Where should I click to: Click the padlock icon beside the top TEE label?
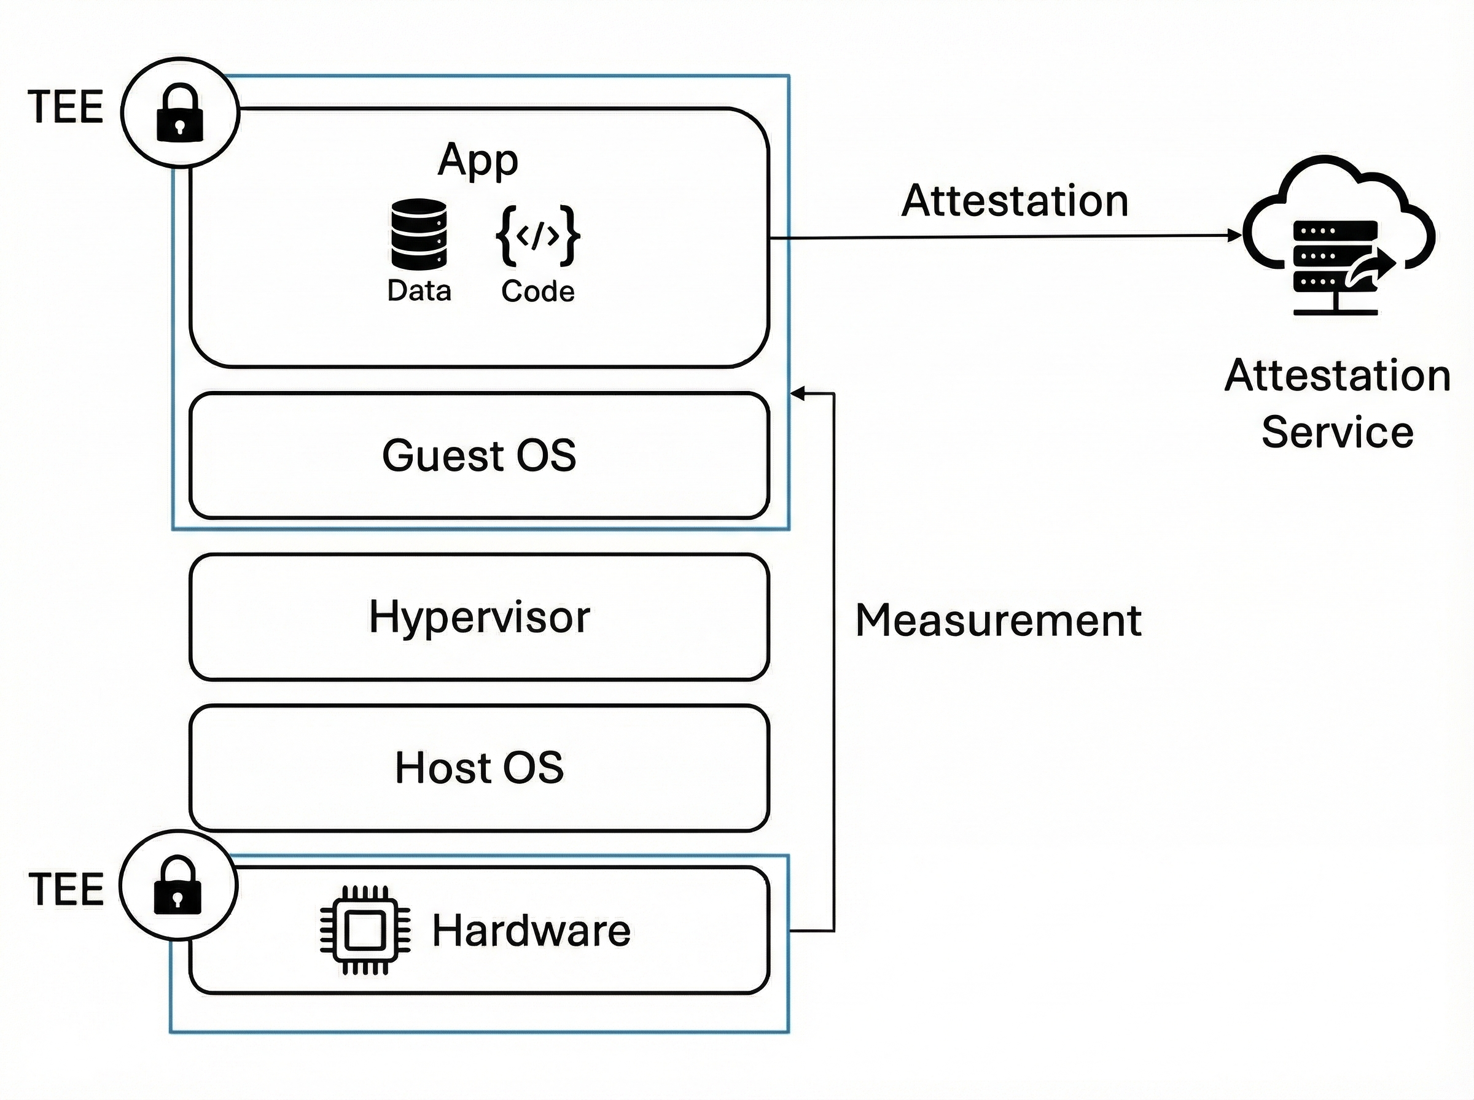(179, 112)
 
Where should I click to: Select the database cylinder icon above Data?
(418, 234)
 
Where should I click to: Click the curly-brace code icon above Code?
(537, 236)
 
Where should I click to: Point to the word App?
(478, 160)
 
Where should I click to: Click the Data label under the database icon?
(419, 291)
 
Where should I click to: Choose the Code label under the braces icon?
(537, 292)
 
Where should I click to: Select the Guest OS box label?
(479, 455)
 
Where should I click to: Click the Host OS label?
(479, 767)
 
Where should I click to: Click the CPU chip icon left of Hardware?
(365, 929)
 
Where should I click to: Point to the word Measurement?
(998, 621)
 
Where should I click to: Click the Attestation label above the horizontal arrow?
(1015, 201)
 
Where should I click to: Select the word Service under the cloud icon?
(1338, 432)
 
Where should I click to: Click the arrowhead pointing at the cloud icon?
(1236, 235)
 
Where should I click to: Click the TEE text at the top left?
(65, 107)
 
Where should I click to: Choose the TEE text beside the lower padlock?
(66, 889)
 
